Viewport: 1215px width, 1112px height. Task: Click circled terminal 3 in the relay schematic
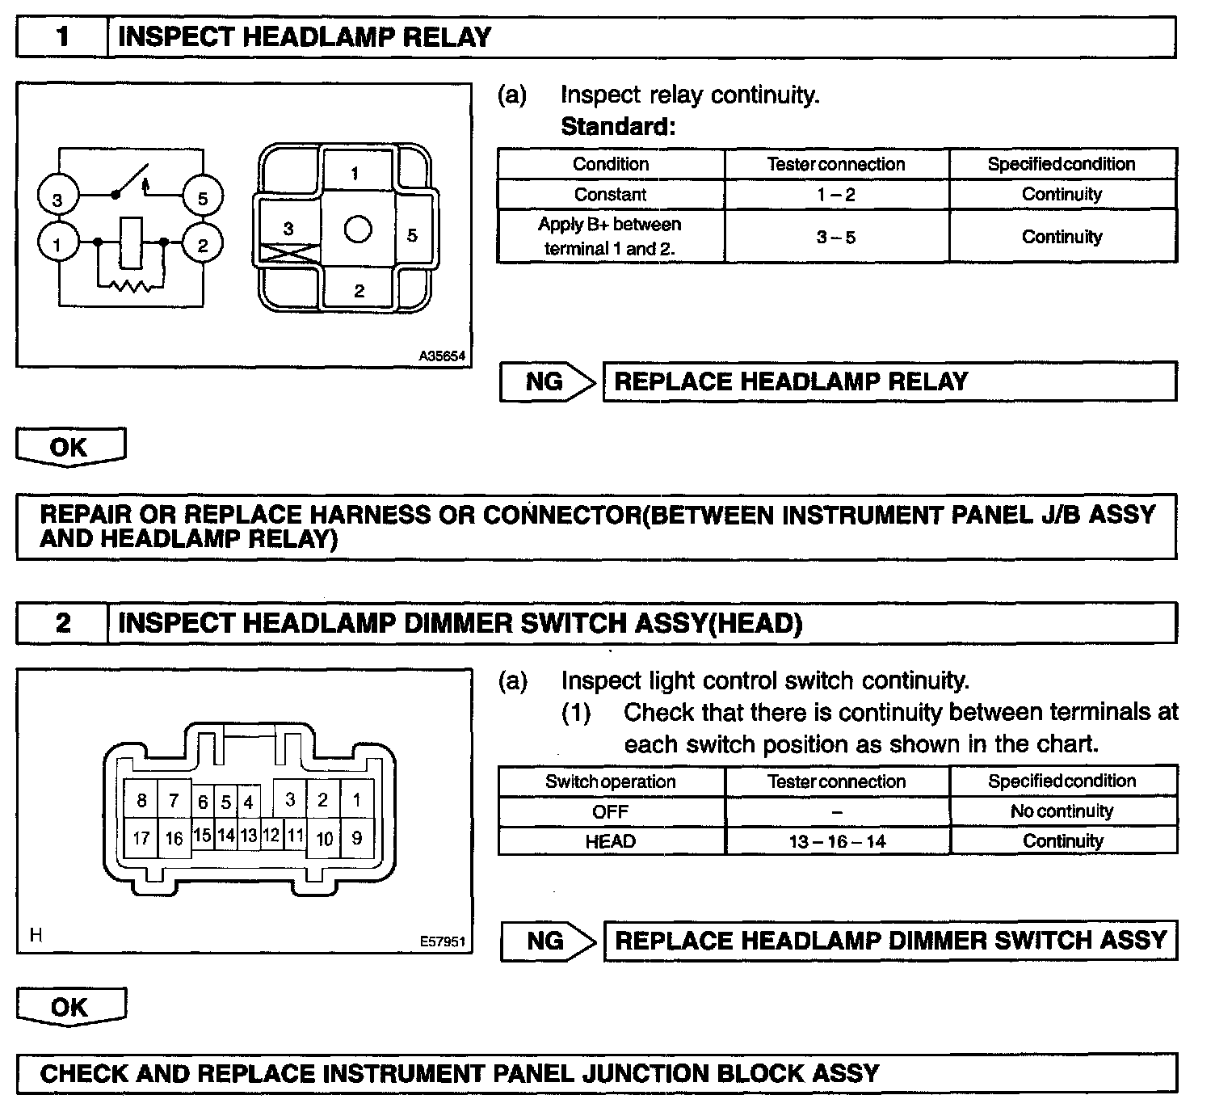[57, 199]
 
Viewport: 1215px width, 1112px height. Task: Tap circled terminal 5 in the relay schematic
[202, 198]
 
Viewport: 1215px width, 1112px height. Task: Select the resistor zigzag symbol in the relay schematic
[130, 286]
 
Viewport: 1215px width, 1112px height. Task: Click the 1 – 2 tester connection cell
[836, 195]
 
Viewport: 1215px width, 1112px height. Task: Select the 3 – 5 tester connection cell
[836, 237]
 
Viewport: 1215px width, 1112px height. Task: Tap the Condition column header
[611, 164]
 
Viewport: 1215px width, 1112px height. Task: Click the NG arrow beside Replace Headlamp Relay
[547, 381]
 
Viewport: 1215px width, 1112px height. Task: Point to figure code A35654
[442, 356]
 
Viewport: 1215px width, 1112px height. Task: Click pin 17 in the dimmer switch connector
[141, 838]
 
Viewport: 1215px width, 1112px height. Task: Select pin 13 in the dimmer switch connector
[249, 836]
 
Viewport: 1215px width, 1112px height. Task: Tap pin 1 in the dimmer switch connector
[356, 800]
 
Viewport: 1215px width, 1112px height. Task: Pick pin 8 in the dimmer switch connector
[141, 800]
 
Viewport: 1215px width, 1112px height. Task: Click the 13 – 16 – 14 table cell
[837, 841]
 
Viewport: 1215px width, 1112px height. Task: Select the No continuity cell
[1062, 811]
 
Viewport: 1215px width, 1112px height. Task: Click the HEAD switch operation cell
[611, 841]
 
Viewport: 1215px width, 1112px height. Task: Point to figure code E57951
[443, 941]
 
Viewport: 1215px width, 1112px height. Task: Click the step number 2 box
[62, 623]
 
